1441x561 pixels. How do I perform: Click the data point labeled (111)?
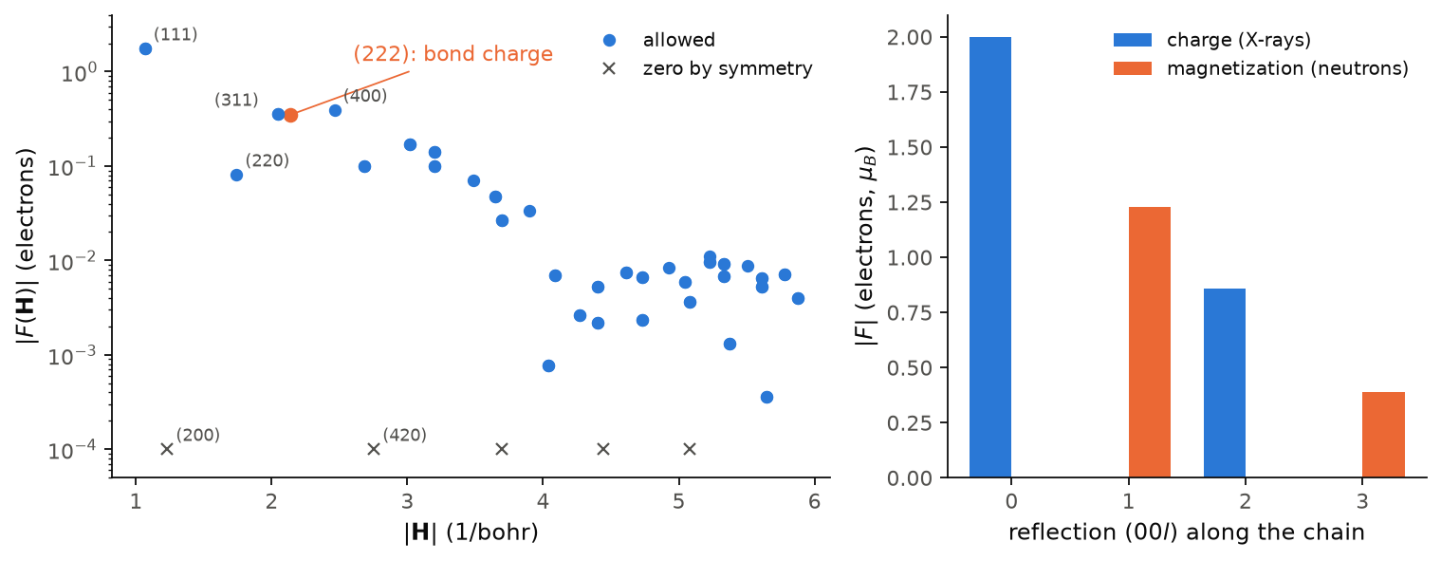[145, 49]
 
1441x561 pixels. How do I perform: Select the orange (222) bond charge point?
[291, 115]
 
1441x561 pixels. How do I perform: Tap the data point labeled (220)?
[237, 175]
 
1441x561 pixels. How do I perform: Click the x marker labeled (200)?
[167, 449]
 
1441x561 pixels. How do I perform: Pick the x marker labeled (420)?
[374, 449]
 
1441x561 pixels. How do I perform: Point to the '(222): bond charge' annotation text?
[453, 53]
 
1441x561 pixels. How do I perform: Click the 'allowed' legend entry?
[658, 40]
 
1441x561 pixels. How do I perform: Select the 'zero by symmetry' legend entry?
[708, 68]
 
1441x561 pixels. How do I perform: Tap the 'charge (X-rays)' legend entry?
[1212, 40]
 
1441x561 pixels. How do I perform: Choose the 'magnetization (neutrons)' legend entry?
[1261, 68]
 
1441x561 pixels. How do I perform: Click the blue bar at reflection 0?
[990, 257]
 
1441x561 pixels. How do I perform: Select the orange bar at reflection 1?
[1150, 343]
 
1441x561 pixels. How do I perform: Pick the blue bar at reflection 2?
[1225, 383]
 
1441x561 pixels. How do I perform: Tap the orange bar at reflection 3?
[1384, 435]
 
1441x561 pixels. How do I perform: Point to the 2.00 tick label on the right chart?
[909, 37]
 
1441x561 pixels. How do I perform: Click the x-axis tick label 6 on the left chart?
[815, 501]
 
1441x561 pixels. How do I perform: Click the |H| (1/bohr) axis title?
[471, 533]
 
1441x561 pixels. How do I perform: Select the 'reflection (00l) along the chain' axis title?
[1187, 533]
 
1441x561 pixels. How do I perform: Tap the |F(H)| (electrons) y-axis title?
[26, 247]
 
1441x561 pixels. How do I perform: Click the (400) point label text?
[365, 96]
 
